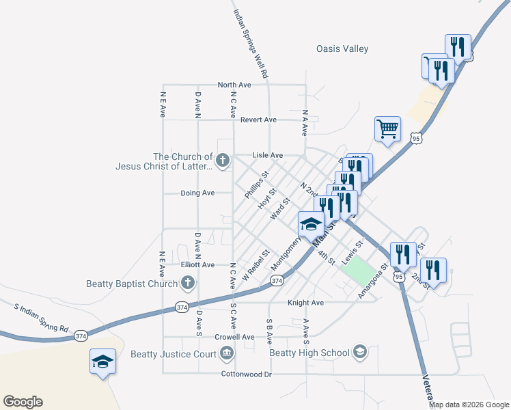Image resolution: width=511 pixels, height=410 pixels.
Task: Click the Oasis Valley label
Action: pos(342,49)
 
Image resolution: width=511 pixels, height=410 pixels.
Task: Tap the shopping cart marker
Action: pos(387,128)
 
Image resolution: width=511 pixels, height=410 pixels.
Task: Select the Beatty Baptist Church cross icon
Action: pos(188,283)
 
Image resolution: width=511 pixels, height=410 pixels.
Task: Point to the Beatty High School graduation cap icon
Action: pos(359,353)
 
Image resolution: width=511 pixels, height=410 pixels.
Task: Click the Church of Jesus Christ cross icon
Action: pos(222,161)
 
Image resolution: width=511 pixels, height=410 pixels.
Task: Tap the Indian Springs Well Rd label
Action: pos(250,42)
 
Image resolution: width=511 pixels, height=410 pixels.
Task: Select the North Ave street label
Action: pos(234,85)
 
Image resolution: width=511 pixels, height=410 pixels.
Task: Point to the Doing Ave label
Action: pos(197,193)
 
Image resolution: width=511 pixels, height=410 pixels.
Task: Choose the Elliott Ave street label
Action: pos(197,264)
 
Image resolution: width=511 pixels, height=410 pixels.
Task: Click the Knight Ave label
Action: pos(305,302)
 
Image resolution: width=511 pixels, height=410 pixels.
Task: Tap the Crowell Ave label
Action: pos(234,337)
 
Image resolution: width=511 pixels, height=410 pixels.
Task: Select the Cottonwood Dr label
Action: pos(246,374)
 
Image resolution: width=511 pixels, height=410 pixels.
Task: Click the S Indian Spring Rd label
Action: pos(42,318)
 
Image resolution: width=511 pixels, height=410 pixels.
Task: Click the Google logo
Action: pos(23,402)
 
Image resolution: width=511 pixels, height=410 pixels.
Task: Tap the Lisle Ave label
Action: pos(268,155)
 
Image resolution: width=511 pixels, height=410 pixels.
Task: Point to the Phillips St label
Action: pos(257,185)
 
